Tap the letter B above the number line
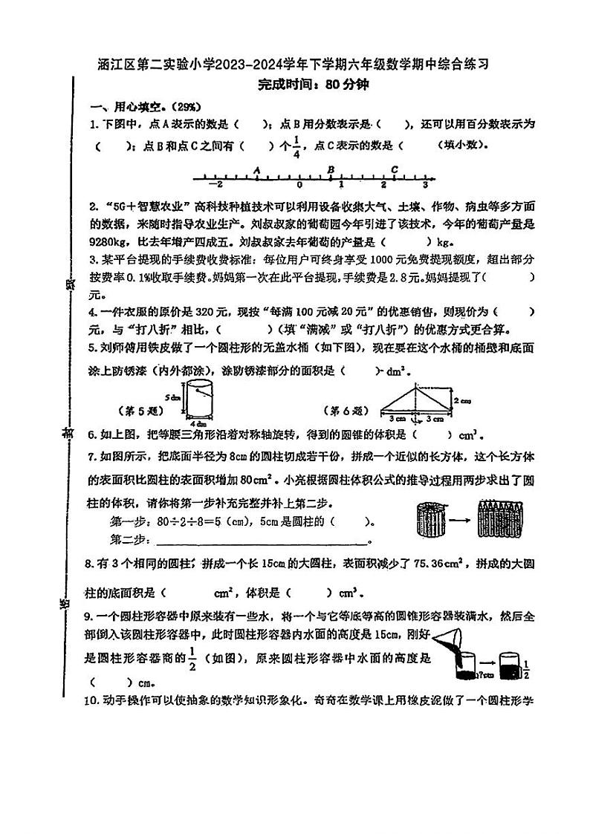(331, 169)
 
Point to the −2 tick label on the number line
(215, 185)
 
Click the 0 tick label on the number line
(299, 185)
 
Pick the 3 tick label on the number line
(425, 185)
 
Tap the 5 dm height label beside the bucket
(174, 397)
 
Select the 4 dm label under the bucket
(197, 423)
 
